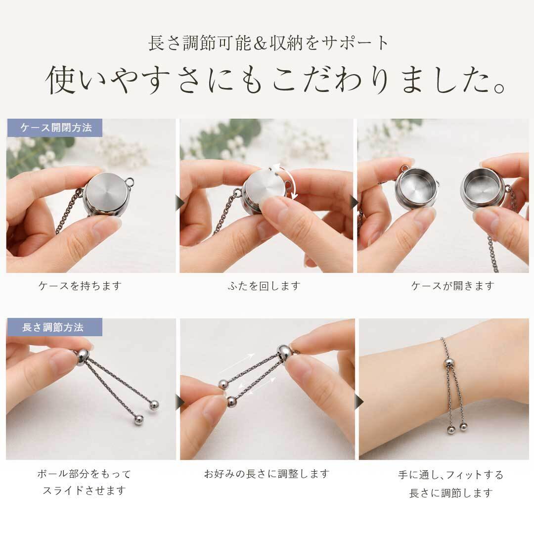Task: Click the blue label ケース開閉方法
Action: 54,128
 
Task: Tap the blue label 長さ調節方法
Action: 54,327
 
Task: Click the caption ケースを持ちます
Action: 80,285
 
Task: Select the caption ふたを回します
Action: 264,285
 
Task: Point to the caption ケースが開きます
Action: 452,285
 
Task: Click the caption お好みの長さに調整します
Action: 267,474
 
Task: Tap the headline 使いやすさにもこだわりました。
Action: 275,80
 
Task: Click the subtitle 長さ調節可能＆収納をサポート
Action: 268,43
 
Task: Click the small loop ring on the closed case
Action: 130,182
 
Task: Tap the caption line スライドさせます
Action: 84,491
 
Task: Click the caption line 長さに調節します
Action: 451,493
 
